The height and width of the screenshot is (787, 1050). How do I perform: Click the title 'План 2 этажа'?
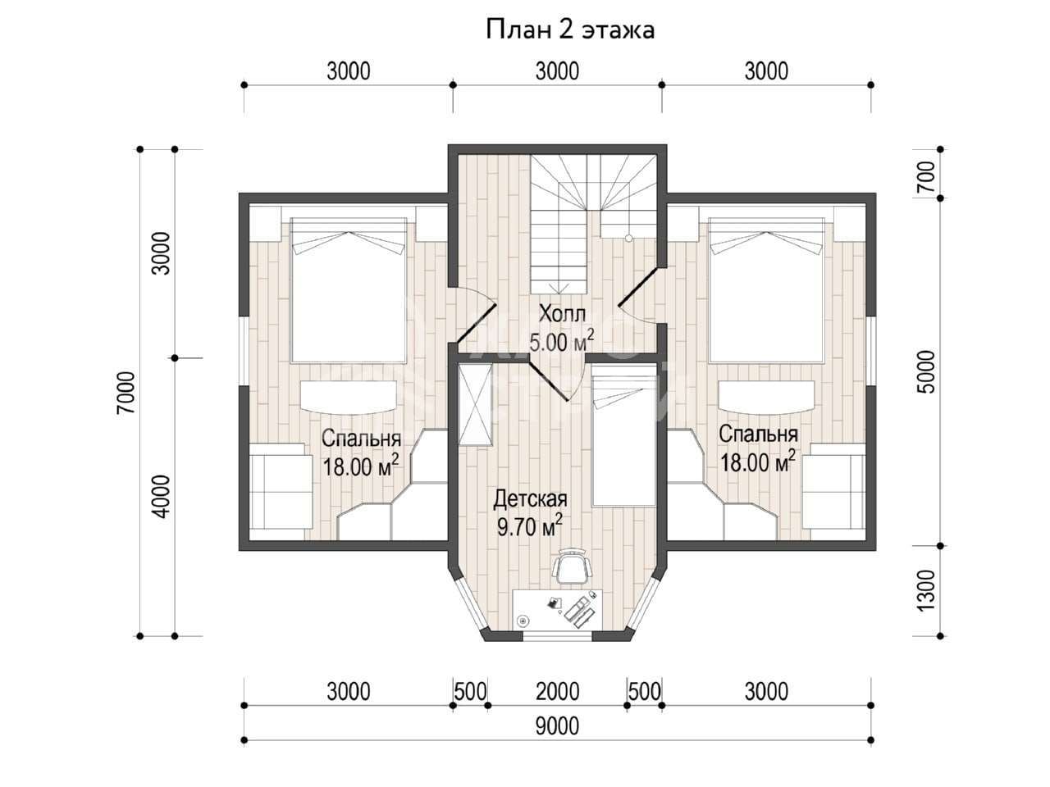(570, 30)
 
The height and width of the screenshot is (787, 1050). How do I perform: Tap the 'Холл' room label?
(562, 315)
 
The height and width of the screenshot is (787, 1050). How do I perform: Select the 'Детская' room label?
(530, 499)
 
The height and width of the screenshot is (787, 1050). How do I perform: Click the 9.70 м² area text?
(530, 526)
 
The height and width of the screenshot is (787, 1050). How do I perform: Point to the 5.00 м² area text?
(562, 341)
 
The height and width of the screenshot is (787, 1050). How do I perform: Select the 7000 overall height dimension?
(126, 393)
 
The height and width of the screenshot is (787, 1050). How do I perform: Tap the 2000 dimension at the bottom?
(557, 691)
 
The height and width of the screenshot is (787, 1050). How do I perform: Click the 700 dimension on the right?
(926, 176)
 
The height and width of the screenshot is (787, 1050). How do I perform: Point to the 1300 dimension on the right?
(926, 590)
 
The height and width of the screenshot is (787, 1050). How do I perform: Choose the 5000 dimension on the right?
(926, 372)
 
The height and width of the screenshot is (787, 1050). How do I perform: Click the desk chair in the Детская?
(572, 566)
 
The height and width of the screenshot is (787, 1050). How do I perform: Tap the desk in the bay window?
(557, 611)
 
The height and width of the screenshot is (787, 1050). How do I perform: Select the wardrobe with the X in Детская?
(475, 405)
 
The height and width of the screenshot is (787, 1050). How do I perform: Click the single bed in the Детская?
(623, 435)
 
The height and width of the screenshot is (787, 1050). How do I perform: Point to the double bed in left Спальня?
(349, 289)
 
